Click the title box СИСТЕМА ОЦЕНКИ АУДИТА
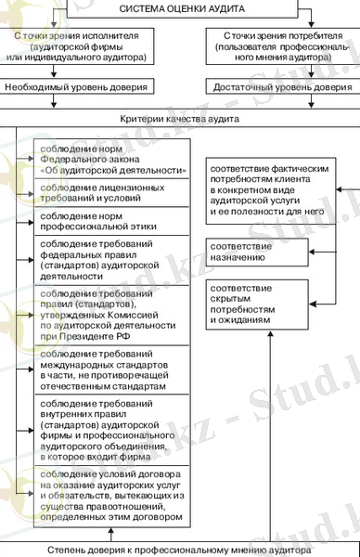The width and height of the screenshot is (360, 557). [x=179, y=7]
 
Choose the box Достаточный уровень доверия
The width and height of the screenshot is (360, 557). [x=280, y=88]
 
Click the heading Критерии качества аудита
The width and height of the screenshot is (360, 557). [x=179, y=121]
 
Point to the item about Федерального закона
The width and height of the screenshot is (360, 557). [x=110, y=160]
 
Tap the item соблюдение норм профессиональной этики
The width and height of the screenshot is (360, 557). [x=110, y=220]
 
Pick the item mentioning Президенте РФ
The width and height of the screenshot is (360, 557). [x=110, y=314]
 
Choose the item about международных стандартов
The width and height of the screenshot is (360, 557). [x=110, y=371]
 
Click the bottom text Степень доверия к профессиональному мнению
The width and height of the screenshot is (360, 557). [x=179, y=550]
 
